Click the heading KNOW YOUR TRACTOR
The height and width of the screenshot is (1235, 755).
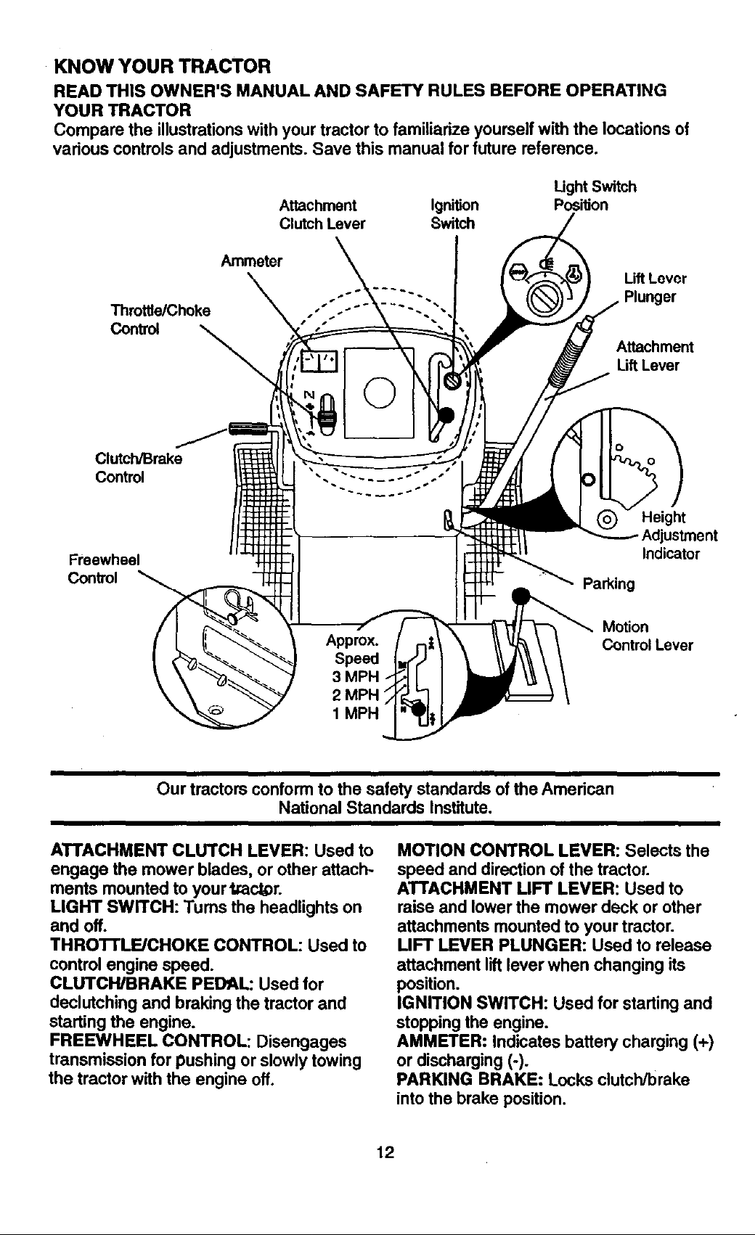(x=162, y=67)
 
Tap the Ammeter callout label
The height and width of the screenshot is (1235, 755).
(x=251, y=260)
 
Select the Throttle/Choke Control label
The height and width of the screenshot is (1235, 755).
(x=160, y=319)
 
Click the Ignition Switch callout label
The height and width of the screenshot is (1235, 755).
(x=454, y=214)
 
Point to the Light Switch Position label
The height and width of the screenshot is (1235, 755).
(x=595, y=196)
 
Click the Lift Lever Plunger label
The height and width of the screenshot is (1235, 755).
(x=655, y=287)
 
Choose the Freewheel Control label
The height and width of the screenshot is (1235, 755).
(x=104, y=568)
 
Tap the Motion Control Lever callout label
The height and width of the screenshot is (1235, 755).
(x=647, y=636)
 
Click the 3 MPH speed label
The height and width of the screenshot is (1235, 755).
(x=356, y=676)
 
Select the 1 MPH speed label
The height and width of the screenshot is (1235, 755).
(x=356, y=713)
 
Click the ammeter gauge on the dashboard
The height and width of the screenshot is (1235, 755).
(x=317, y=361)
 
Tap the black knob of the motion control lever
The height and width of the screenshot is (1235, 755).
(x=521, y=596)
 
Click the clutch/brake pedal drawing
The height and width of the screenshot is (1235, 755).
(x=249, y=428)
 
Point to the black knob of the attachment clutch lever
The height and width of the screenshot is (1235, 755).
(x=446, y=414)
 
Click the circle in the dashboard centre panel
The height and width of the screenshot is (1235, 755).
(x=380, y=392)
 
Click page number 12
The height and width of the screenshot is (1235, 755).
(x=385, y=1152)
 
